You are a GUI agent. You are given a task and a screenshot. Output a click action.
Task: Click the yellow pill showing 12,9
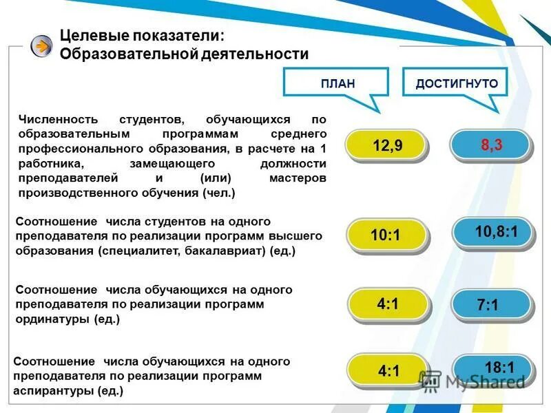click(x=386, y=145)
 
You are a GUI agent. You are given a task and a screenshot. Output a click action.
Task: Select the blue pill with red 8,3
click(x=490, y=145)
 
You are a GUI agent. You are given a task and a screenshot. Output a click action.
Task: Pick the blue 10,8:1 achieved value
click(x=495, y=232)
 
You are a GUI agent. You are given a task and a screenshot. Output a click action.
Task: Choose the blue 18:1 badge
click(x=495, y=368)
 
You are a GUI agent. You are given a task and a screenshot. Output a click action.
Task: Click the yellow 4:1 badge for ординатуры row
click(x=388, y=304)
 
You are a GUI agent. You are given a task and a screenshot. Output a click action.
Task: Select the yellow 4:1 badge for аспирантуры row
click(x=388, y=371)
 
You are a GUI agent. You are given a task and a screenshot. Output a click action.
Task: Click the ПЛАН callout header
click(x=337, y=84)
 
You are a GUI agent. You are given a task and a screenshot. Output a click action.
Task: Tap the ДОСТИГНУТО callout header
click(x=457, y=84)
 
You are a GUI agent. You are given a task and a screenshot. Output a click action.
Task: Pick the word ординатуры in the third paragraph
click(x=49, y=319)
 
